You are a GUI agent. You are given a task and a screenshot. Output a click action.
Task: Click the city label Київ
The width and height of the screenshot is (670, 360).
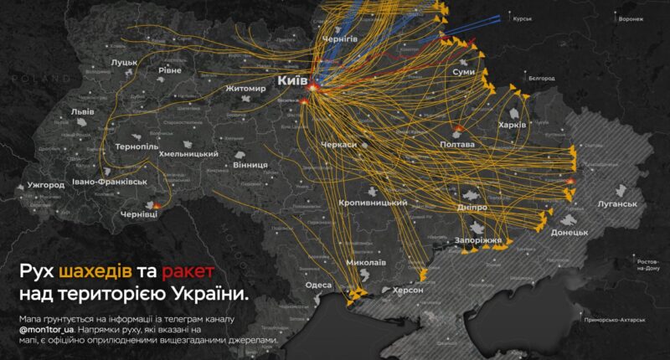(292, 81)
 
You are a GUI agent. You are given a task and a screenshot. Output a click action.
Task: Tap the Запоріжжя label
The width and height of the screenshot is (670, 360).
(478, 240)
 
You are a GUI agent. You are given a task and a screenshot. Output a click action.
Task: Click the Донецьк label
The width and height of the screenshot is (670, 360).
(569, 232)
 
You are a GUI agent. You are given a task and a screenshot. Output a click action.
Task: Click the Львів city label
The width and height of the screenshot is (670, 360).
(82, 111)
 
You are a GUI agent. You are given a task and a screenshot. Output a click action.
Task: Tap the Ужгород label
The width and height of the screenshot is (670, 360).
(46, 184)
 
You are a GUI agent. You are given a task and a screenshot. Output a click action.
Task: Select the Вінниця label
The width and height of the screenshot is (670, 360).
(250, 165)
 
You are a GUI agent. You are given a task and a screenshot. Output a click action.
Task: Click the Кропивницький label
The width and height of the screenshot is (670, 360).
(373, 203)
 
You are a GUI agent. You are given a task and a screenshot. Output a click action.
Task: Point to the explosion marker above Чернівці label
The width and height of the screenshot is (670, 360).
(156, 204)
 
